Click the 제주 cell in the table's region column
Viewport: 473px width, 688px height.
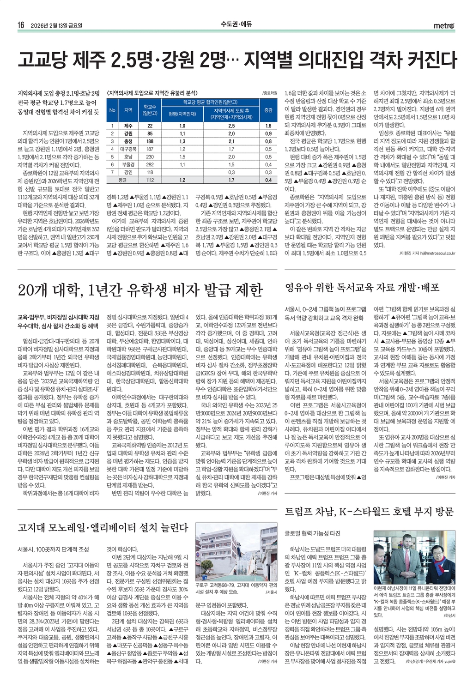[128, 126]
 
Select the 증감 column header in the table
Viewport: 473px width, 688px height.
[268, 110]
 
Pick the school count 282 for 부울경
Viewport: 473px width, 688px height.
[150, 164]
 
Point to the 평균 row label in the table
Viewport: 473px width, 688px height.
[122, 180]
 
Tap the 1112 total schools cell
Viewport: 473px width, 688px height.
[150, 180]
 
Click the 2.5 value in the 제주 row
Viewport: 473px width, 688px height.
[231, 126]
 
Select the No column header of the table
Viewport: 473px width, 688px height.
[112, 110]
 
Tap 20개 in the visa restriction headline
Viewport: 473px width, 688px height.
[33, 290]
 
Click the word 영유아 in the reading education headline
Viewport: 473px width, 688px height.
[300, 288]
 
